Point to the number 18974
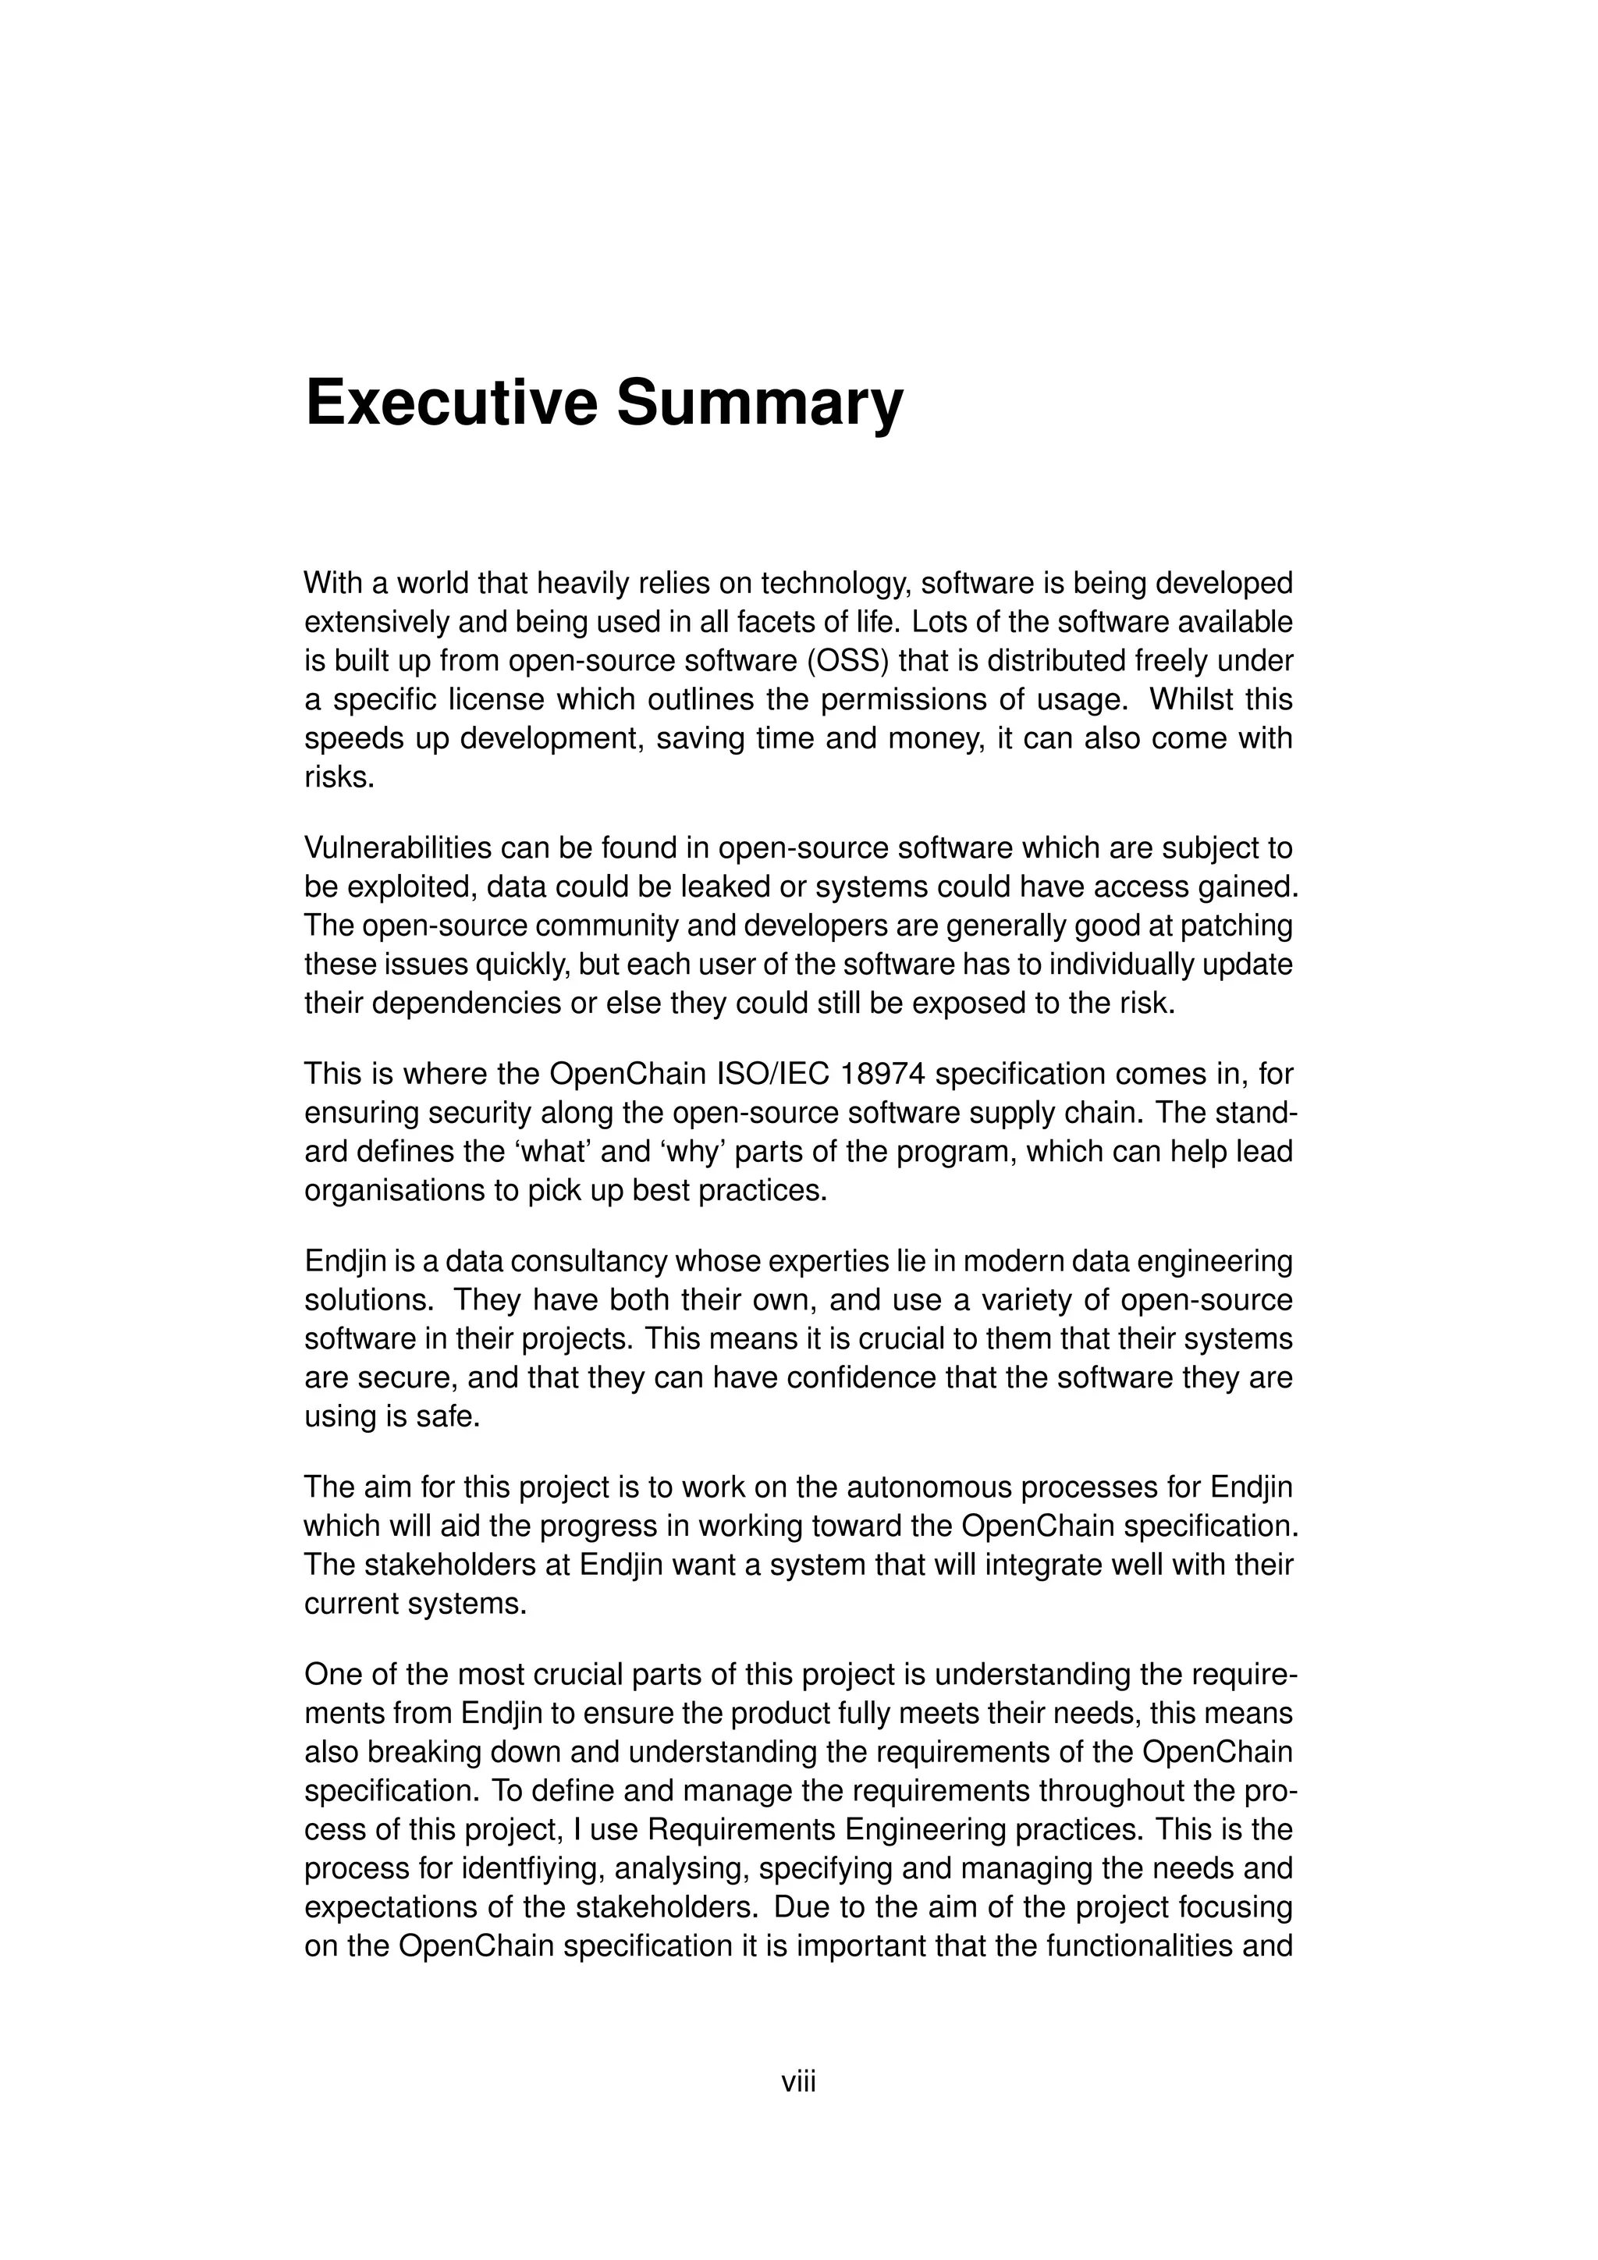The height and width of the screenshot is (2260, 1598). click(x=883, y=1073)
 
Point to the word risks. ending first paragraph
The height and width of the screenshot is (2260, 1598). click(x=339, y=777)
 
